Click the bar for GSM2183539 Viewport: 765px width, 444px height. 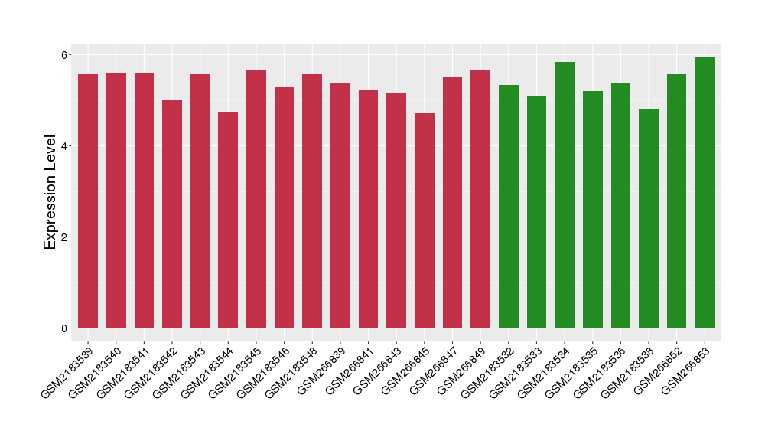(88, 201)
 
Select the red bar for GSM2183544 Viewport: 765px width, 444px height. (228, 220)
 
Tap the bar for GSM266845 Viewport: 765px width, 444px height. (425, 220)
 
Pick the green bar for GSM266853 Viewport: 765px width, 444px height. (705, 192)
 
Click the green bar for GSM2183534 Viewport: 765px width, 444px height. (565, 195)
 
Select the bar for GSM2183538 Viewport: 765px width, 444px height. (649, 219)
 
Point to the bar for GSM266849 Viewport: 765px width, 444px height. (480, 199)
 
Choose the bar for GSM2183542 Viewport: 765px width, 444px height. (172, 214)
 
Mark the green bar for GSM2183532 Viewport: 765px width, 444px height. (509, 207)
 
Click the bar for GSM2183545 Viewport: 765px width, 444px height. (256, 199)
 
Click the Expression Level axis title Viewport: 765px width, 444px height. (50, 192)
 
